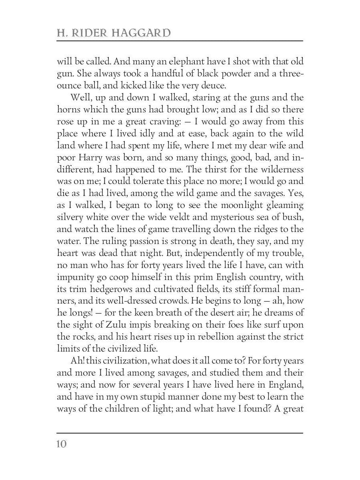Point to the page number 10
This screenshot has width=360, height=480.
[x=62, y=444]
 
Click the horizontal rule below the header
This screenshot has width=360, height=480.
[x=180, y=41]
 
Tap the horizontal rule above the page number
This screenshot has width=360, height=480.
[x=180, y=433]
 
